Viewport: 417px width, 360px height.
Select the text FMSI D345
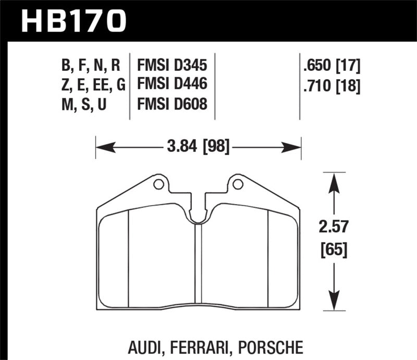point(172,66)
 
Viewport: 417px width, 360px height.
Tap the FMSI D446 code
point(172,84)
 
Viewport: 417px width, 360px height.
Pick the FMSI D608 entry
point(172,104)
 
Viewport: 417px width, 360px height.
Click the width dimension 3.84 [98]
point(198,148)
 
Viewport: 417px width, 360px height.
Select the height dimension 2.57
point(334,228)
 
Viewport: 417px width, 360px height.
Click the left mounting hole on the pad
point(158,184)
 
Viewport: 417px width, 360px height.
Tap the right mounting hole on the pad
point(238,184)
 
